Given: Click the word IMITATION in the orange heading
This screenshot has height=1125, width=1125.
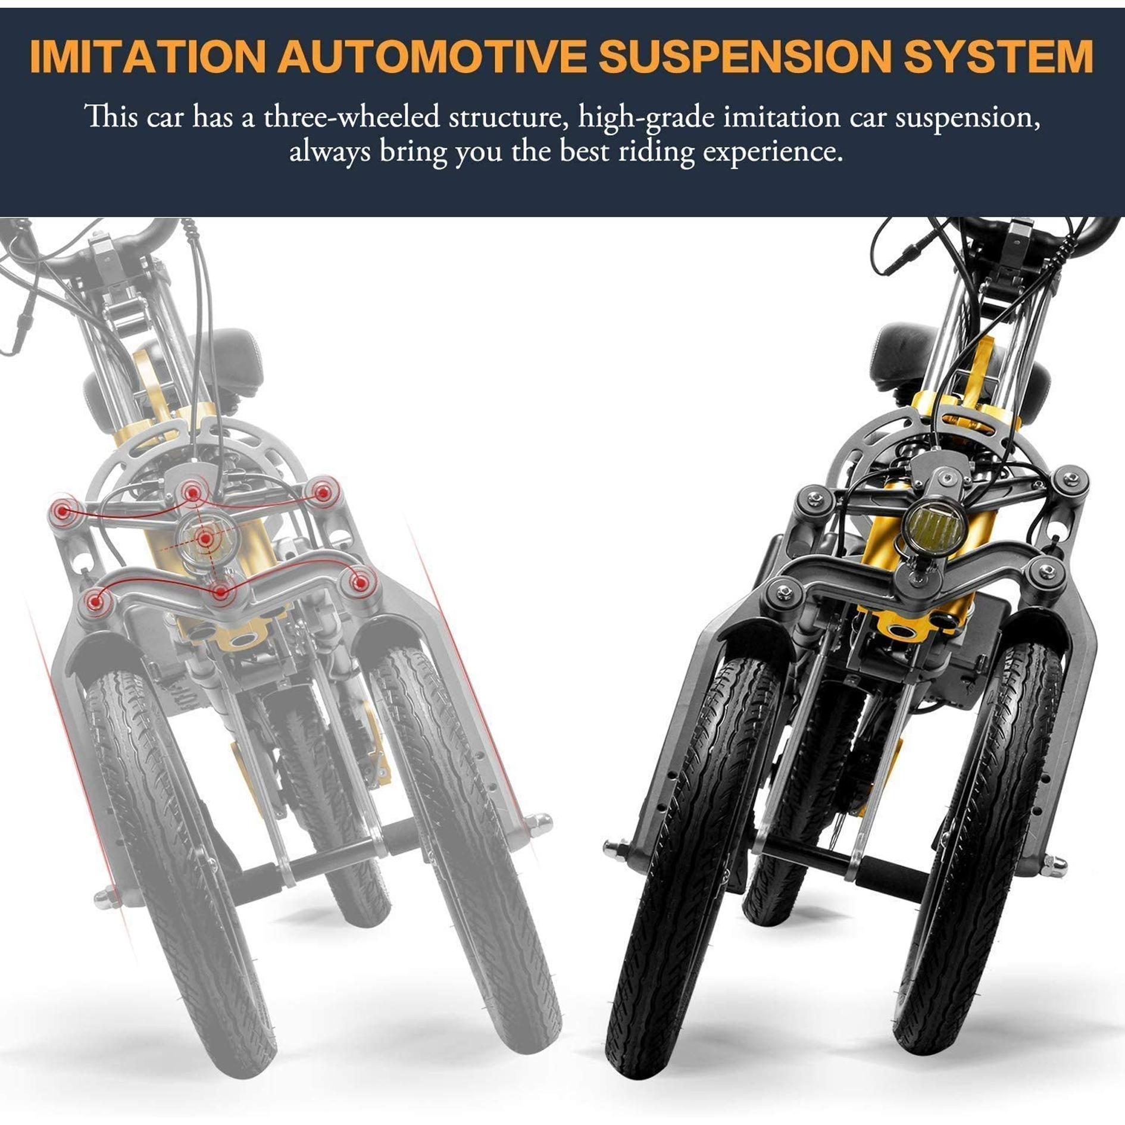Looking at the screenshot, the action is coord(147,57).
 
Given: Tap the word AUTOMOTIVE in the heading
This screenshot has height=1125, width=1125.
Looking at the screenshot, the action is coord(433,57).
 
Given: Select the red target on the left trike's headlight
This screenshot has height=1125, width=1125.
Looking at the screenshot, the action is coord(205,539).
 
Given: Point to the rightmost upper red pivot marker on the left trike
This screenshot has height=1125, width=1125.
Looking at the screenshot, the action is coord(323,492).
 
